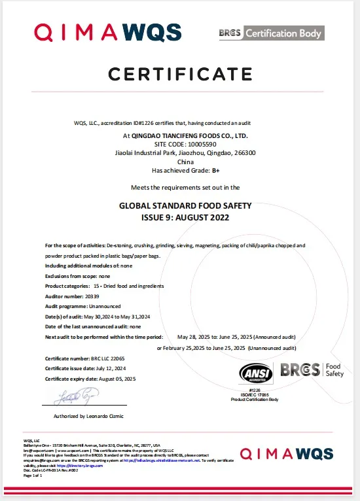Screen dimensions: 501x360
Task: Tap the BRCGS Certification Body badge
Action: (x=270, y=33)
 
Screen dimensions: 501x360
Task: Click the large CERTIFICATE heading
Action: (x=180, y=74)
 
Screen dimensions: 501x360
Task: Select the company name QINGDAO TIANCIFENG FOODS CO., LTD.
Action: (x=185, y=136)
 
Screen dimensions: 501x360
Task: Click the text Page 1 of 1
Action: (x=33, y=475)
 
